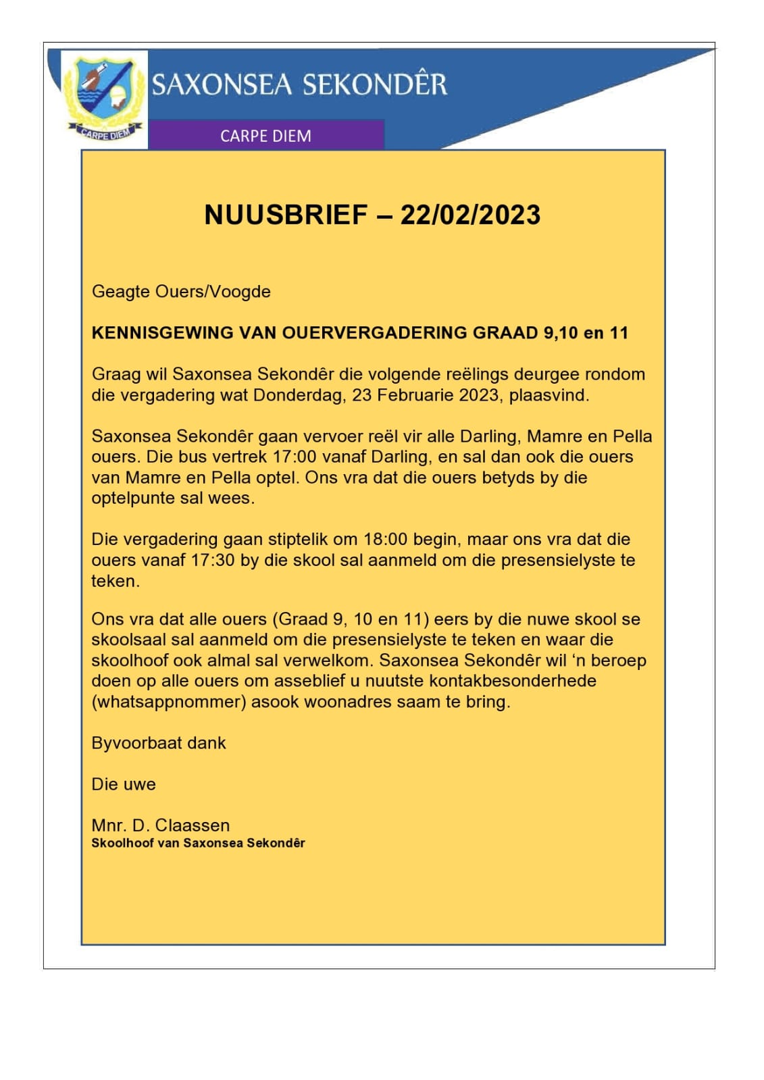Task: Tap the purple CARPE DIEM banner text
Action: coord(265,136)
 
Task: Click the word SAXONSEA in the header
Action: coord(222,85)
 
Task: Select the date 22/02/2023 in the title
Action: coord(470,215)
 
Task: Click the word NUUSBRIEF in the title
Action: coord(286,215)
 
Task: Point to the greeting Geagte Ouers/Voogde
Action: coord(181,291)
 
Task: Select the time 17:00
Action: coord(295,457)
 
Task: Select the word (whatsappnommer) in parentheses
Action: coord(168,702)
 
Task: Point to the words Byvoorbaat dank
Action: coord(159,743)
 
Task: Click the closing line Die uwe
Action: coord(124,784)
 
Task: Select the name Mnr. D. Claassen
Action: coord(161,825)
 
